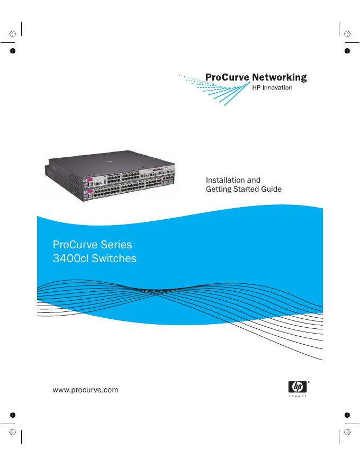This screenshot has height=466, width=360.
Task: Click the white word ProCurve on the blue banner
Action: [73, 245]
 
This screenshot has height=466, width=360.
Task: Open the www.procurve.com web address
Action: [86, 390]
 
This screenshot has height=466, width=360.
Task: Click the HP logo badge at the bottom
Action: [297, 387]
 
